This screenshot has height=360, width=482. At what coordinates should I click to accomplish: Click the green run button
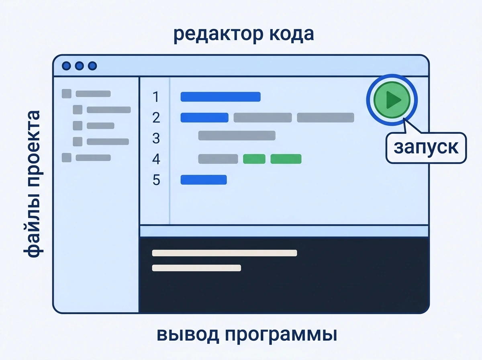coord(392,100)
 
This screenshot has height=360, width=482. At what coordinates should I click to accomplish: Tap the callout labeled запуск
coord(426,147)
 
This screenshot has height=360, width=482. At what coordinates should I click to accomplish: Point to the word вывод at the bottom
coord(188,334)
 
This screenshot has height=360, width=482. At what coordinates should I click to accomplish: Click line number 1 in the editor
coord(156,97)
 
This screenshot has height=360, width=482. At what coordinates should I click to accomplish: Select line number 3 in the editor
coord(156,138)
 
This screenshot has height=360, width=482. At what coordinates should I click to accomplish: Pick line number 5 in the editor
coord(156,180)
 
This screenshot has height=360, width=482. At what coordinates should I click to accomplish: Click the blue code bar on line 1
coord(221,97)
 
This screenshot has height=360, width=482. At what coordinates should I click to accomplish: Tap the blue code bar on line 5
coord(204,180)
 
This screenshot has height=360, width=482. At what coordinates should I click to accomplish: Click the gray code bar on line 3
coord(237,135)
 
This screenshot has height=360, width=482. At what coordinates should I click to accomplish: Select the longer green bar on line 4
coord(286,159)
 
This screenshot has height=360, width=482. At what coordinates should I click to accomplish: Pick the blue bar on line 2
coord(204,117)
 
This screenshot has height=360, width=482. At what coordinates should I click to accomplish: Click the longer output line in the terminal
coord(225,253)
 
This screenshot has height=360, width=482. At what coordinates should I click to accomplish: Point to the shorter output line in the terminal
coord(196,268)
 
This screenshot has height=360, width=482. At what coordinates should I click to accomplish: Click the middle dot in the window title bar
coord(79,66)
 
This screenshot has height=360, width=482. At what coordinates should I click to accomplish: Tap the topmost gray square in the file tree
coord(67,94)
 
